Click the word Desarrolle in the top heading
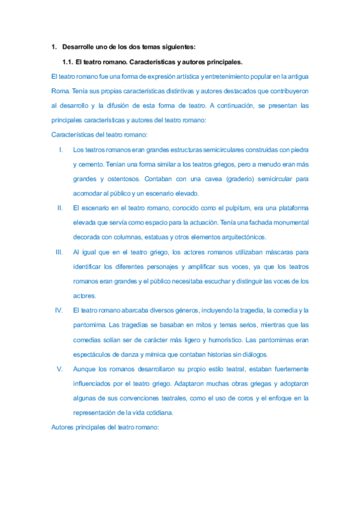(78, 47)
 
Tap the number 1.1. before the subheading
(67, 61)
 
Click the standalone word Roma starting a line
(61, 91)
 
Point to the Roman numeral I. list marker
(61, 149)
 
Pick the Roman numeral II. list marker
(60, 207)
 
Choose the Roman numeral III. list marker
(59, 251)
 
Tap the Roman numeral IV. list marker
(59, 310)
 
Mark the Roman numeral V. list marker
(60, 369)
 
